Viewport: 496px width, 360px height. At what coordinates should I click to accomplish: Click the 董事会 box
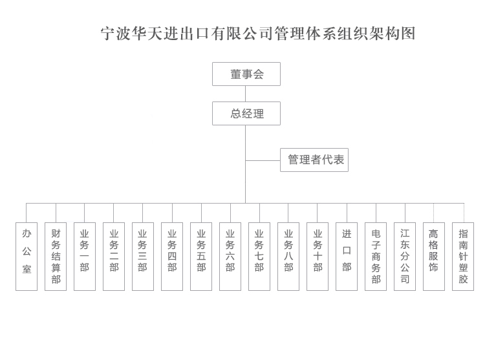[x=246, y=74]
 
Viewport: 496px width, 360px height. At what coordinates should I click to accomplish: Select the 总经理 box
[x=246, y=114]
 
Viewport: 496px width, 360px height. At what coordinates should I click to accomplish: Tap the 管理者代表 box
[x=314, y=160]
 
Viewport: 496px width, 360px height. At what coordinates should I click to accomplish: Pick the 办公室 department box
[x=27, y=257]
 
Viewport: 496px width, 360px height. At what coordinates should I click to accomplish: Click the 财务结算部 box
[x=56, y=257]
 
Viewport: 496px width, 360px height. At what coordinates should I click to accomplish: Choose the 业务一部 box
[x=85, y=257]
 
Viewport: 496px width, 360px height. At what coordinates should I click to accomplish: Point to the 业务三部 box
[x=143, y=257]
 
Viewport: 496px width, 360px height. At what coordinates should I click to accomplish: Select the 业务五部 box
[x=201, y=257]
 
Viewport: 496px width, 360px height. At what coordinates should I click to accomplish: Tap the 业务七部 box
[x=259, y=257]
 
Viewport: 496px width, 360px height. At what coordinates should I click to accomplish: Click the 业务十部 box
[x=318, y=257]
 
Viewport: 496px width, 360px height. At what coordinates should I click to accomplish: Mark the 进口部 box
[x=347, y=257]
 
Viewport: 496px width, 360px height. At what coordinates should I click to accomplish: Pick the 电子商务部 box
[x=376, y=257]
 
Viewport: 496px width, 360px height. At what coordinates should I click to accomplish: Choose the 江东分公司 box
[x=405, y=257]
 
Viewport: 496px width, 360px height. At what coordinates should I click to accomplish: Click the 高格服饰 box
[x=434, y=257]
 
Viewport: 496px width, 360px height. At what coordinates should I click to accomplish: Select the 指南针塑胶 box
[x=463, y=257]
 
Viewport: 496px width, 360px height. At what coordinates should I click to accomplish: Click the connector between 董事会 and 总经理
[x=246, y=94]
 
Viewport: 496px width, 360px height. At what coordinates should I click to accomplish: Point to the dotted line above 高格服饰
[x=434, y=213]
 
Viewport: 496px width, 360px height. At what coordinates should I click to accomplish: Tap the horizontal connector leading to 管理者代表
[x=263, y=160]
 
